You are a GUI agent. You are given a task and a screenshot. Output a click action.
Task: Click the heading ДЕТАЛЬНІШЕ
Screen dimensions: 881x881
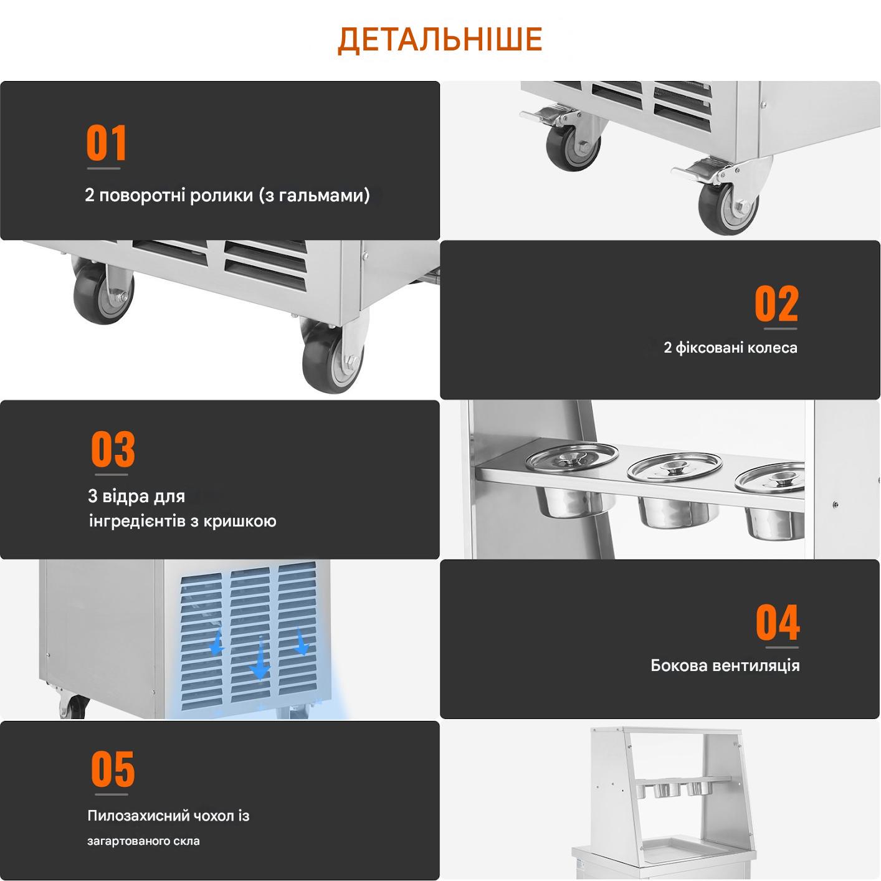[440, 40]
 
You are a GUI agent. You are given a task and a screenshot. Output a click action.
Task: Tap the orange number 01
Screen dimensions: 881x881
[106, 143]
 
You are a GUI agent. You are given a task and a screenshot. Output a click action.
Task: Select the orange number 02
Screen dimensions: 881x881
[776, 303]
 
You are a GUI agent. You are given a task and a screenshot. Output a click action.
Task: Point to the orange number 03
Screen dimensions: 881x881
[113, 449]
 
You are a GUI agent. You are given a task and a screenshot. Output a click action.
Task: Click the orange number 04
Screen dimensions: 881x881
[778, 622]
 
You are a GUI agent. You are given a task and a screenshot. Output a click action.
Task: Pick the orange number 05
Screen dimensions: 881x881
[113, 768]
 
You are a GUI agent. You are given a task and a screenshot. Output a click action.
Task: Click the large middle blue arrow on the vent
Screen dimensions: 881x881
[260, 659]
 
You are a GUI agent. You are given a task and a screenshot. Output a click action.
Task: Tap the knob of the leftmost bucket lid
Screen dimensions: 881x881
[571, 458]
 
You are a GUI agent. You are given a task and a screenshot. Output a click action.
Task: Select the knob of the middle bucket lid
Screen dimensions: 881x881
[674, 467]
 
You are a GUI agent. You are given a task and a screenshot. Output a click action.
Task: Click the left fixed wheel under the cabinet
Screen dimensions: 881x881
[103, 292]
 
